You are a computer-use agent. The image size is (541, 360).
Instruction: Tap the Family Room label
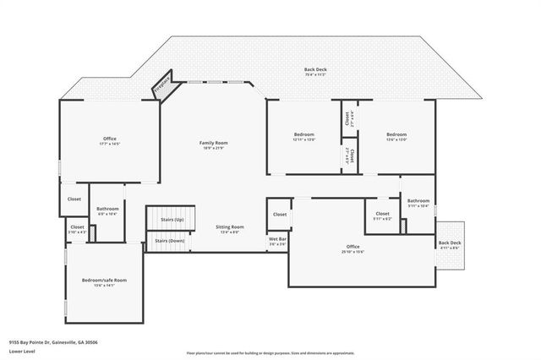click(x=213, y=143)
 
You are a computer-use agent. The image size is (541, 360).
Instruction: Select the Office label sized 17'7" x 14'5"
click(x=109, y=139)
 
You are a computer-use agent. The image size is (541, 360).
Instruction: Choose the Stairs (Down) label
click(x=169, y=241)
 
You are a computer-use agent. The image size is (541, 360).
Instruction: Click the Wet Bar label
click(x=277, y=240)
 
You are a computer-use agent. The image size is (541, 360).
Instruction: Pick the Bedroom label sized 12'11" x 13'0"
click(x=303, y=135)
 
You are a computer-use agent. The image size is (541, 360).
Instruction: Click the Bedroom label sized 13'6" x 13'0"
click(x=396, y=135)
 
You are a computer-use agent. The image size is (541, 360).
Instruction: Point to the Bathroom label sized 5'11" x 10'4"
click(x=418, y=201)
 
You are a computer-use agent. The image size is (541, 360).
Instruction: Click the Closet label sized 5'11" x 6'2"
click(x=382, y=214)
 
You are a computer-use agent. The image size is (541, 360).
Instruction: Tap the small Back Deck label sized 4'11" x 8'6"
click(x=449, y=243)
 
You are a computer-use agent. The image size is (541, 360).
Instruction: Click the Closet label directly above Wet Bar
click(x=280, y=215)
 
